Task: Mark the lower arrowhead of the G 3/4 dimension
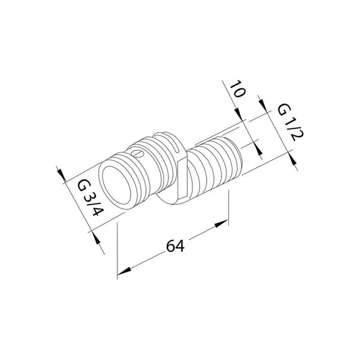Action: (x=96, y=237)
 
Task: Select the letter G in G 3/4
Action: (x=82, y=186)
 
